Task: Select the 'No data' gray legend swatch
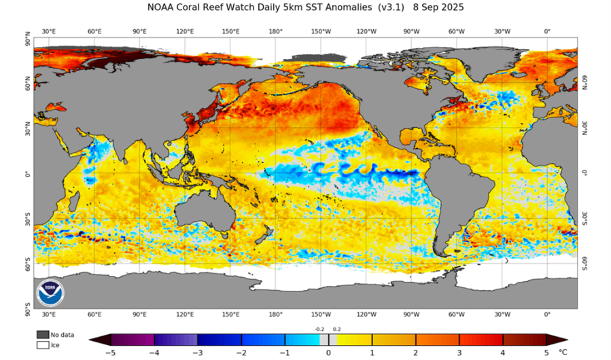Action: coord(42,334)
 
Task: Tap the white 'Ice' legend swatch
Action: coord(42,344)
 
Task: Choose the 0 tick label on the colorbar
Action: coord(328,353)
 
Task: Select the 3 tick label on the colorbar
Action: coord(459,353)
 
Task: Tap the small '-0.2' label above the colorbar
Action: coord(319,329)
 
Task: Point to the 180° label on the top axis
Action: coord(276,32)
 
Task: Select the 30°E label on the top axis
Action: coord(49,32)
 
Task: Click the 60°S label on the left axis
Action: coord(27,263)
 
